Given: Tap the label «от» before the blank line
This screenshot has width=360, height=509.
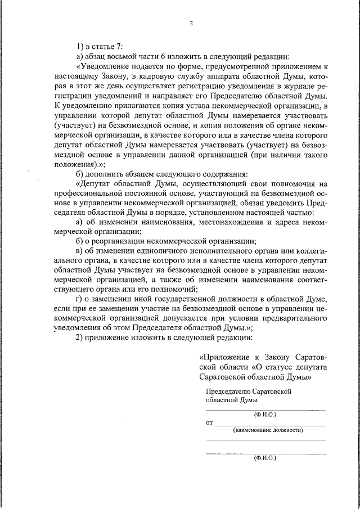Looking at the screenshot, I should point(210,421).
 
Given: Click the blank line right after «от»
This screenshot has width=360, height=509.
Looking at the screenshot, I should point(271,422).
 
